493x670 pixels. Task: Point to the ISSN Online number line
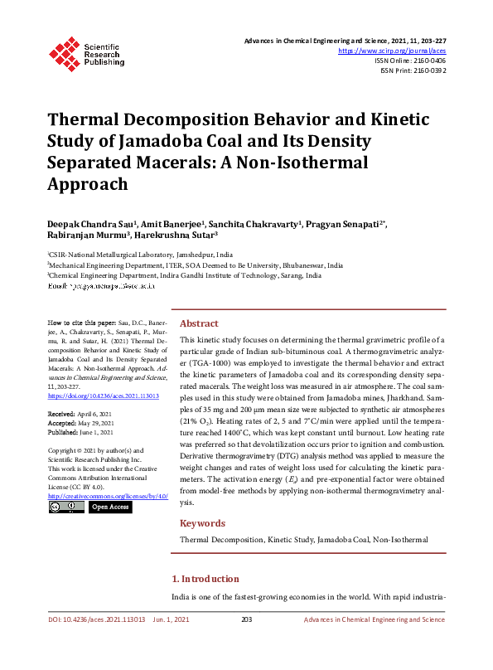click(x=410, y=61)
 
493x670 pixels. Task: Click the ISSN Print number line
click(x=413, y=70)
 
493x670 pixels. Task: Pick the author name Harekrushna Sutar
click(x=181, y=235)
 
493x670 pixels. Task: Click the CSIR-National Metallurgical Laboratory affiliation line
click(x=141, y=255)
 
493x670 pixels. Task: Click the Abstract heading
click(x=200, y=323)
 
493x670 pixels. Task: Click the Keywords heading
click(x=202, y=523)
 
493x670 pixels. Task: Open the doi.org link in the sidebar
click(x=103, y=396)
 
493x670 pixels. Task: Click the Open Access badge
click(x=109, y=507)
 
